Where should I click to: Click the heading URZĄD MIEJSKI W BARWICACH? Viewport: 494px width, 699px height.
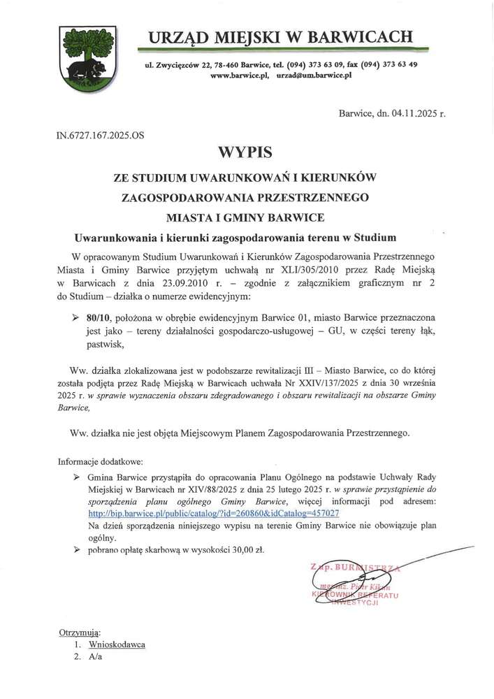click(x=279, y=36)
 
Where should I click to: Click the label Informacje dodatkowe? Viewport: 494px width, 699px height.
click(x=100, y=461)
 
